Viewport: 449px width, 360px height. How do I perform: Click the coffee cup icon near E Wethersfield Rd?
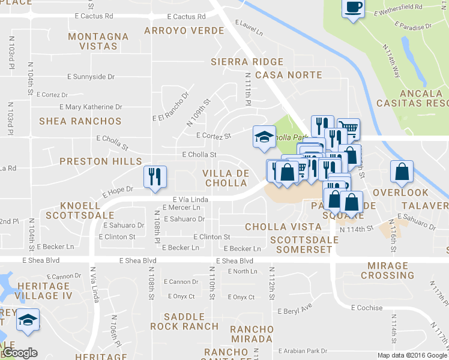(x=352, y=8)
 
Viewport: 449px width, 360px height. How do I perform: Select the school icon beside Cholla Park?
(x=264, y=137)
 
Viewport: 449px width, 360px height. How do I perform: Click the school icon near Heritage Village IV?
(x=27, y=320)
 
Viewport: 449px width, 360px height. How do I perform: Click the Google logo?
(x=20, y=353)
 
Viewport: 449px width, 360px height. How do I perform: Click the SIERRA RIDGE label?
(x=247, y=62)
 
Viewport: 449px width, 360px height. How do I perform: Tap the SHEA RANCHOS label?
(x=80, y=121)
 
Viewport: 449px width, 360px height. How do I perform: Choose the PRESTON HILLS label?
(x=101, y=161)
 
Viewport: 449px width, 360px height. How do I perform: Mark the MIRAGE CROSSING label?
(x=387, y=270)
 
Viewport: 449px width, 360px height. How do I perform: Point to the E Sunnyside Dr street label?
(x=91, y=77)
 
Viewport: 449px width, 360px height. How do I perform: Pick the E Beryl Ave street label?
(x=295, y=310)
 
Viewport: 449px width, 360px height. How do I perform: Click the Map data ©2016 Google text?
(x=412, y=355)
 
